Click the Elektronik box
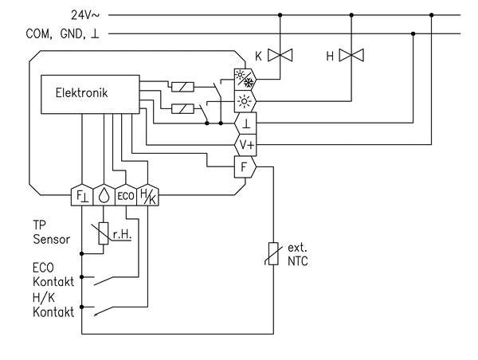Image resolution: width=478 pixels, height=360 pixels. [92, 94]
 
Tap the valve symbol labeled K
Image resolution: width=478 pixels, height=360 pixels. [280, 56]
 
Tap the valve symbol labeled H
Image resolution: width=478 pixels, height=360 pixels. [351, 56]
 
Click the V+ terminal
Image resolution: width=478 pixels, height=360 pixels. [243, 145]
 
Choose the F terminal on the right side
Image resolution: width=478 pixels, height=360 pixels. [243, 166]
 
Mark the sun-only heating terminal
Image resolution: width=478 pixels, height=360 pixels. [243, 101]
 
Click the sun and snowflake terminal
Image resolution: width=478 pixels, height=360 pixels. [243, 79]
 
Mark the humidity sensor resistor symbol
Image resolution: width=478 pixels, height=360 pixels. [104, 233]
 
